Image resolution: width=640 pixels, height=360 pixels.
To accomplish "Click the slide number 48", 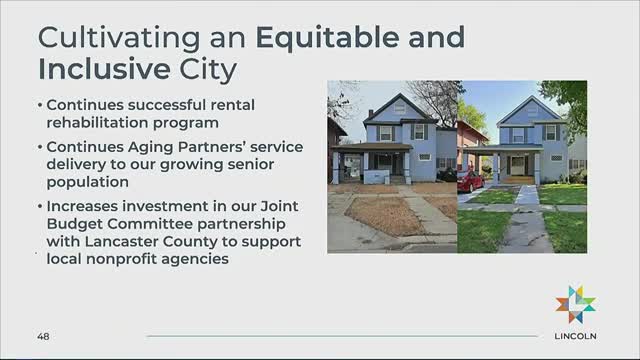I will click(x=44, y=336).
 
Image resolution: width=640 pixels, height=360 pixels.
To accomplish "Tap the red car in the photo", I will click(x=470, y=181).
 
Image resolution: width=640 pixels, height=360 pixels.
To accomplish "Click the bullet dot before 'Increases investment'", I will click(x=40, y=205).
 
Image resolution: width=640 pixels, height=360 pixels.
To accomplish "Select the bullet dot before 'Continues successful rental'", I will click(x=40, y=104).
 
